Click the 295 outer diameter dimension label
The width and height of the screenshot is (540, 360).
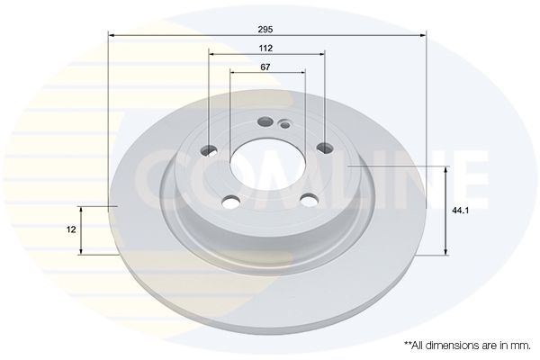265,30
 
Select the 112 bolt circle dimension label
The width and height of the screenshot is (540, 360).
265,49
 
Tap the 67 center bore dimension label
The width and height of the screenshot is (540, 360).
265,67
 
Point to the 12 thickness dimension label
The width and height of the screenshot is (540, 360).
71,229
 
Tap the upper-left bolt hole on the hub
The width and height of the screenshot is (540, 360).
209,150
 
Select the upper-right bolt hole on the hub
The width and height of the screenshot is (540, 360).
325,148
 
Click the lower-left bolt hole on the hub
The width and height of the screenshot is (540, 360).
230,202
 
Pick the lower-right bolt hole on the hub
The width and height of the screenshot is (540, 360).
310,200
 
